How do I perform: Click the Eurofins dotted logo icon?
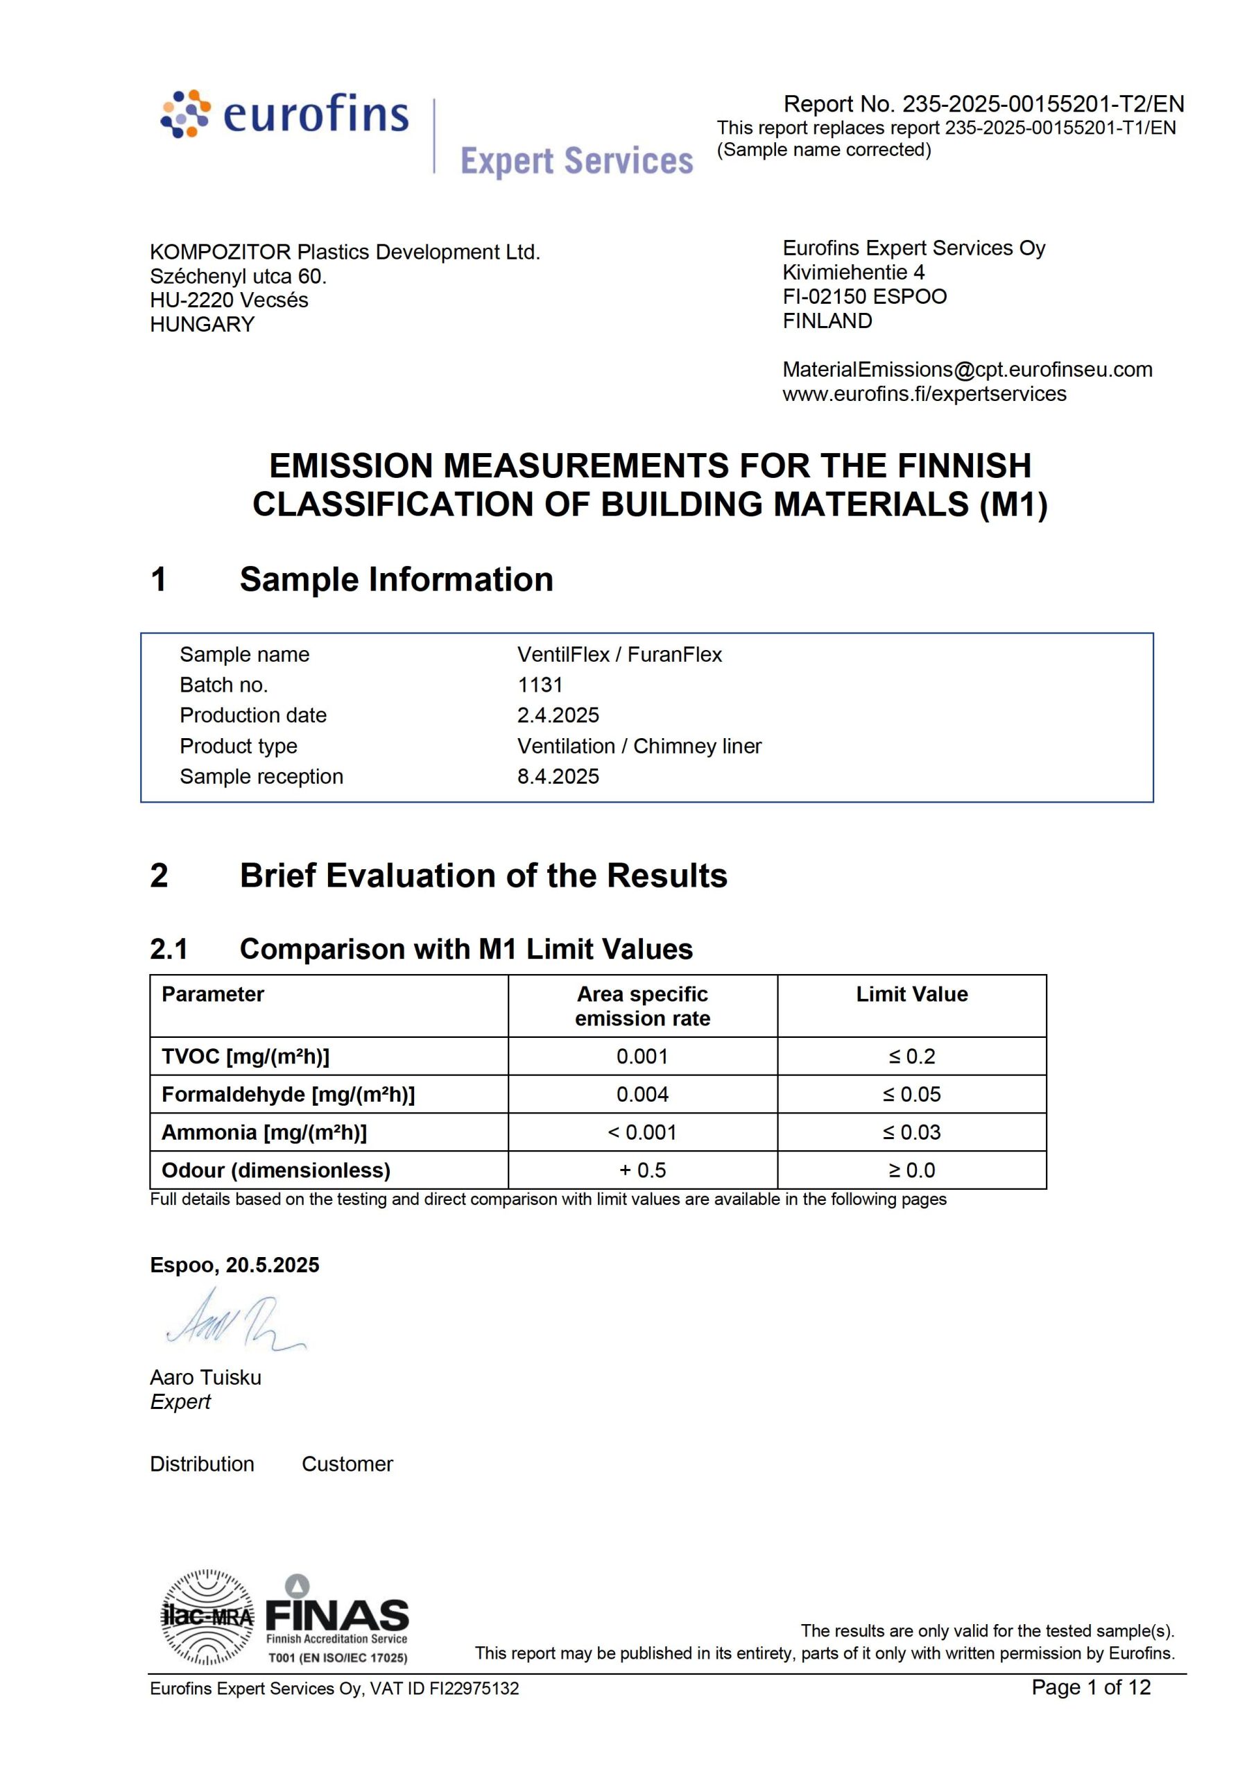click(x=185, y=114)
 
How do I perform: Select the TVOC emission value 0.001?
click(x=642, y=1056)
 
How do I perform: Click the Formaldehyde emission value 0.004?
click(x=642, y=1094)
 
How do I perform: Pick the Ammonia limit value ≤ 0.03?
click(x=912, y=1132)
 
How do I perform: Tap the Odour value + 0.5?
click(x=642, y=1170)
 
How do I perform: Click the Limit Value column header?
click(x=912, y=994)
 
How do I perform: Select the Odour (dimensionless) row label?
click(x=276, y=1170)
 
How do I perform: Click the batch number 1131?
click(x=540, y=685)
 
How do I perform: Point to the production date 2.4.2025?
click(x=558, y=715)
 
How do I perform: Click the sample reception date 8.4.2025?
click(x=558, y=776)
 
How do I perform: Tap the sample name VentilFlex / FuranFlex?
click(x=619, y=654)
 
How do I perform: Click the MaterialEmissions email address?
click(x=967, y=369)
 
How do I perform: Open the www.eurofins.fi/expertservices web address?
click(x=924, y=394)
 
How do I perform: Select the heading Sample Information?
click(x=396, y=579)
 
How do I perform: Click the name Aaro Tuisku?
click(x=206, y=1377)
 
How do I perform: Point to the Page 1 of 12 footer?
click(x=1090, y=1687)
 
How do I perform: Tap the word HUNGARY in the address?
click(x=203, y=324)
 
